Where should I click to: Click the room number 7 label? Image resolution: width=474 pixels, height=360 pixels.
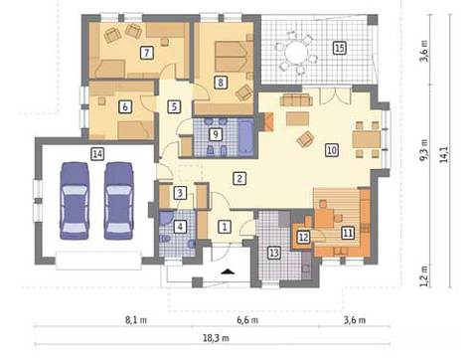click(x=147, y=53)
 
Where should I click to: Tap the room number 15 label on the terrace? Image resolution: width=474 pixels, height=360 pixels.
click(x=339, y=48)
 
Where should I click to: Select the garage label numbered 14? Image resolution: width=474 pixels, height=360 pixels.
click(x=97, y=154)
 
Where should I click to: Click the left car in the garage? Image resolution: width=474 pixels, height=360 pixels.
click(x=75, y=201)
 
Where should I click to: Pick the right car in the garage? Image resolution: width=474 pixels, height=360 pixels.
click(x=119, y=201)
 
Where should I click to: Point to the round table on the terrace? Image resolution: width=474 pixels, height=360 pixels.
click(x=296, y=52)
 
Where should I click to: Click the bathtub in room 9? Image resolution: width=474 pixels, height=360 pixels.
click(x=246, y=137)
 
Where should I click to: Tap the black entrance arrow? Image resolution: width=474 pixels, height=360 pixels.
click(x=228, y=271)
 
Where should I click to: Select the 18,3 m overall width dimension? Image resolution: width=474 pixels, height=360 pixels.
click(x=216, y=338)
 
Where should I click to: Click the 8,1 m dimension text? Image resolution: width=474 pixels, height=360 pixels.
click(x=136, y=320)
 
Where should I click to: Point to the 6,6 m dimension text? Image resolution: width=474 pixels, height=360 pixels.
click(x=247, y=320)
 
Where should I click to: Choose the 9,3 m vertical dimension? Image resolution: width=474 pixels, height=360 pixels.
click(x=424, y=150)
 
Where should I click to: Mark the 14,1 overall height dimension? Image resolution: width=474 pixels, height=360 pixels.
click(x=444, y=154)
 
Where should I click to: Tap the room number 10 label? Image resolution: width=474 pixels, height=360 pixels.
click(x=332, y=150)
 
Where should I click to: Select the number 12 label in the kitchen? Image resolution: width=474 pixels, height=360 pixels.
click(x=303, y=237)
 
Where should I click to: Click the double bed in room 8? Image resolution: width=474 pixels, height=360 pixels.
click(x=231, y=57)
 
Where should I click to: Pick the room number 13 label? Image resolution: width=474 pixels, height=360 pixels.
click(x=273, y=253)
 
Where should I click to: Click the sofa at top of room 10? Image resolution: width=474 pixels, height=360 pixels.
click(x=296, y=99)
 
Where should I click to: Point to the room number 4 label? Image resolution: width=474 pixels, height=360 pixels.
click(x=180, y=227)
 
